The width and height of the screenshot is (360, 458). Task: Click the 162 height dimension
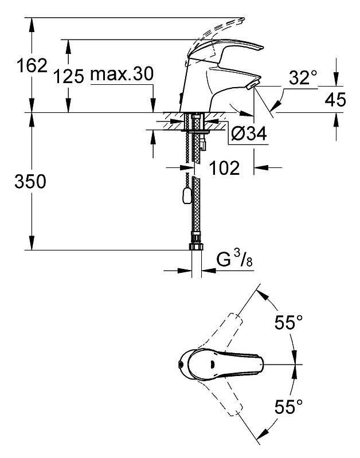tap(32, 65)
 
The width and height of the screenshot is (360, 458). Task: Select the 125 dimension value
tap(69, 77)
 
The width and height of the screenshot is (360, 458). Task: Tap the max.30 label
tap(122, 74)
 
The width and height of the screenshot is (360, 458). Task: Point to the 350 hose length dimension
tap(30, 181)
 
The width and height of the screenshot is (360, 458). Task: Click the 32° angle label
tap(303, 78)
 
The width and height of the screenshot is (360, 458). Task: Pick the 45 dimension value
tap(335, 99)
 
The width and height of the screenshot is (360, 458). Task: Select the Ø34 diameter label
tap(249, 134)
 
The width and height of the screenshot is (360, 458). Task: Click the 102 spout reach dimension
tap(225, 167)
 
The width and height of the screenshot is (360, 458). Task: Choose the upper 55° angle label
tap(288, 322)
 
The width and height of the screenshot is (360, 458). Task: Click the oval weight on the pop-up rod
tap(186, 195)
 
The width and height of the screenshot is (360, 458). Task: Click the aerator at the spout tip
tap(253, 85)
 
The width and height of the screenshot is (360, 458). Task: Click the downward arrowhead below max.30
tap(153, 105)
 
